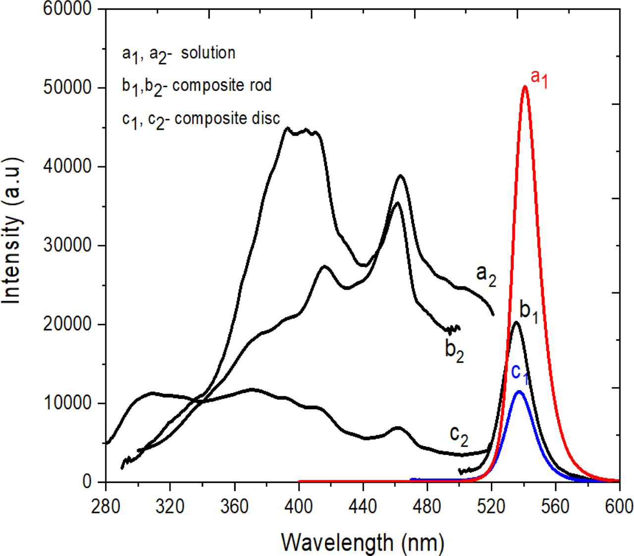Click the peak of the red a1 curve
click(525, 87)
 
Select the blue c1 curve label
click(520, 373)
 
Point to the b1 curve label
click(528, 310)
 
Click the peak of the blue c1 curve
click(519, 392)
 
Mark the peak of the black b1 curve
click(516, 322)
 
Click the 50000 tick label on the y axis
click(69, 88)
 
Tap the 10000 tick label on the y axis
click(69, 404)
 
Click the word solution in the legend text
click(208, 52)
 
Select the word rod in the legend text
click(261, 85)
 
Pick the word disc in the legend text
click(267, 118)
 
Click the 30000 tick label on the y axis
click(69, 246)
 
